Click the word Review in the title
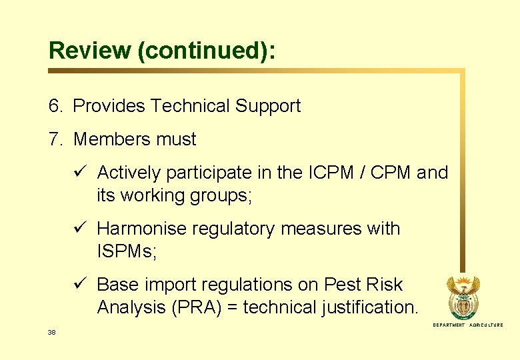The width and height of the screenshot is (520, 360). coord(90,51)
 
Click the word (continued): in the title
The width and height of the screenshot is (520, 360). coord(207,51)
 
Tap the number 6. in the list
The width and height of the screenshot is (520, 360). coord(56,106)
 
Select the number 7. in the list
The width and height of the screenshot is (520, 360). coord(56,139)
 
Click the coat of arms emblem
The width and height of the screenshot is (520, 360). coord(467,297)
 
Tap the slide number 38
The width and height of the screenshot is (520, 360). coord(52,331)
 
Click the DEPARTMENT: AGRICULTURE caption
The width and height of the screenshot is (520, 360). coord(468,325)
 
